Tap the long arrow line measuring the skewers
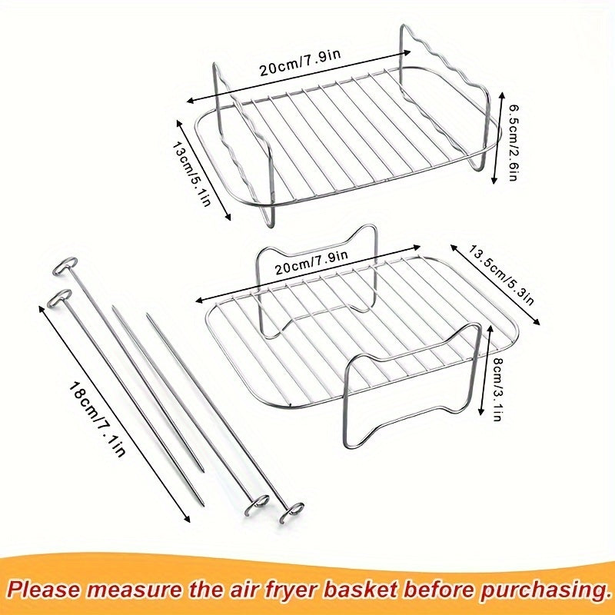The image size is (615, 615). pyautogui.click(x=115, y=415)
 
